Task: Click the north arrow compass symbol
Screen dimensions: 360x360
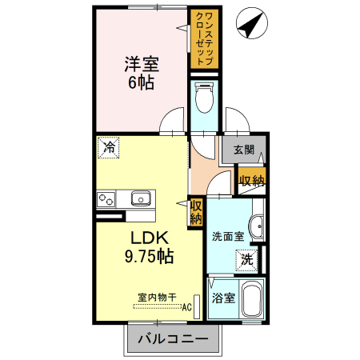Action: (252, 23)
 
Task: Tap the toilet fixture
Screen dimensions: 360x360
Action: (205, 98)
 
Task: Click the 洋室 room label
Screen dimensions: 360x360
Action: (142, 64)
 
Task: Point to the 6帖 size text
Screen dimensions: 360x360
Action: (142, 82)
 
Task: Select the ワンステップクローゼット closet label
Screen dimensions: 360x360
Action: (205, 38)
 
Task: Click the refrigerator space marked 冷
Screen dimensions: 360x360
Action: (108, 147)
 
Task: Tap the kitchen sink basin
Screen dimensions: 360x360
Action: (141, 198)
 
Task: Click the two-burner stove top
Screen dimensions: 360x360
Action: (106, 199)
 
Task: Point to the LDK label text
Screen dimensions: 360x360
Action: (150, 238)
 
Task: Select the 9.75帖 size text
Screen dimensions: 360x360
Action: (150, 256)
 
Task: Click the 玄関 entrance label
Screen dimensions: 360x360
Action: (244, 150)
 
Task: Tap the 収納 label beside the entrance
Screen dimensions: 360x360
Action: (251, 181)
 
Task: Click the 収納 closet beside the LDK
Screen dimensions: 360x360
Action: (196, 212)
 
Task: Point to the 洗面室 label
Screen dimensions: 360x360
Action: (228, 236)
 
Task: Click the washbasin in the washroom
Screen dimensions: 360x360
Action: (257, 226)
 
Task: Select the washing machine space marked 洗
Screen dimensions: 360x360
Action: (247, 260)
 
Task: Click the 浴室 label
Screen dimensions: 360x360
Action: (223, 298)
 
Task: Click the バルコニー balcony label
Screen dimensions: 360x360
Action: (173, 339)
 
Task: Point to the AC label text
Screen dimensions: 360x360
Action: (187, 307)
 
